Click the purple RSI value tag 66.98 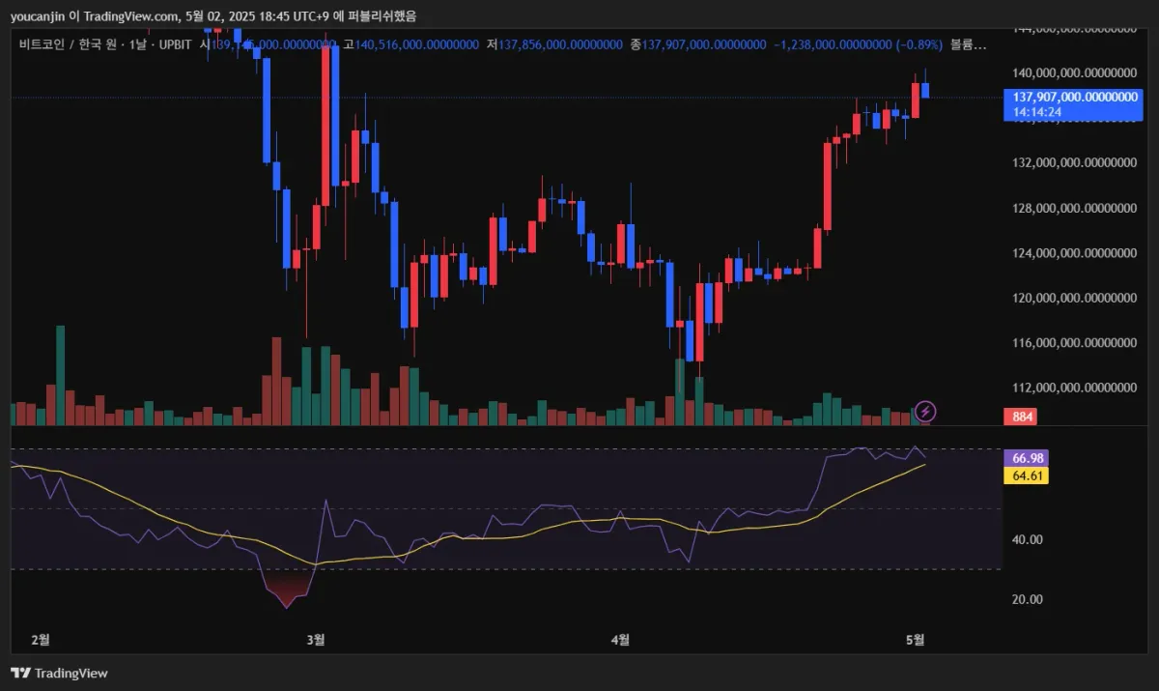click(1025, 457)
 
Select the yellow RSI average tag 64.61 click(1025, 475)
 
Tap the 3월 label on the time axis click(315, 639)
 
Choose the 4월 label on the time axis click(621, 639)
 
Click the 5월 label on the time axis click(916, 639)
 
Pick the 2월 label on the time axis click(41, 639)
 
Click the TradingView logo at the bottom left click(60, 673)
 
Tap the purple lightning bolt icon click(925, 412)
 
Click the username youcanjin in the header click(39, 16)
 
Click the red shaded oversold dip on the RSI click(287, 589)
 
